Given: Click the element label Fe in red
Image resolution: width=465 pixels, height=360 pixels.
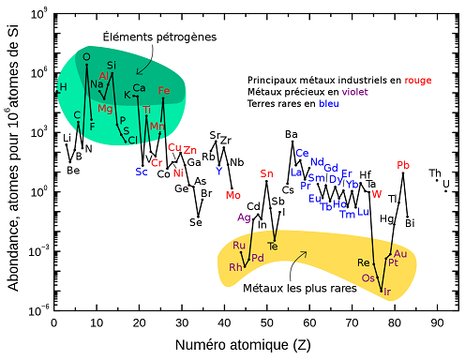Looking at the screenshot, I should point(165,91).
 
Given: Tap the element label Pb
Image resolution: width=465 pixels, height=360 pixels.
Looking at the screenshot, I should point(404,166).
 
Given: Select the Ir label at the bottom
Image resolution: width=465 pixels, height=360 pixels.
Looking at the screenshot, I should point(386,292).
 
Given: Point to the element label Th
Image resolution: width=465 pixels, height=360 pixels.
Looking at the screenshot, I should point(435,173).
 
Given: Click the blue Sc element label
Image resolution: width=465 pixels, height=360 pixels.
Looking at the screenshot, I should point(142,172).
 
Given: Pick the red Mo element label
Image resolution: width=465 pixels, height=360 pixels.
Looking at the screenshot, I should point(233,195).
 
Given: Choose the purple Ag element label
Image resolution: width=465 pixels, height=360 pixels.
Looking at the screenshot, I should point(245,217).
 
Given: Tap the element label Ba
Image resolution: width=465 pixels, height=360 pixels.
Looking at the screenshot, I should point(292,134).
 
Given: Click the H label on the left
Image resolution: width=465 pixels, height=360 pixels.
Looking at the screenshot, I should point(63,87).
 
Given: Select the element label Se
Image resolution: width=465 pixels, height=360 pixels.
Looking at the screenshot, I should point(196,222).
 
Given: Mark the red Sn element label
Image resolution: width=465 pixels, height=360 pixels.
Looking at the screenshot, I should point(267,173).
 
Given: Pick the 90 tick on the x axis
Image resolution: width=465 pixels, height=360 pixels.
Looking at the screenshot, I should point(437,322).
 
